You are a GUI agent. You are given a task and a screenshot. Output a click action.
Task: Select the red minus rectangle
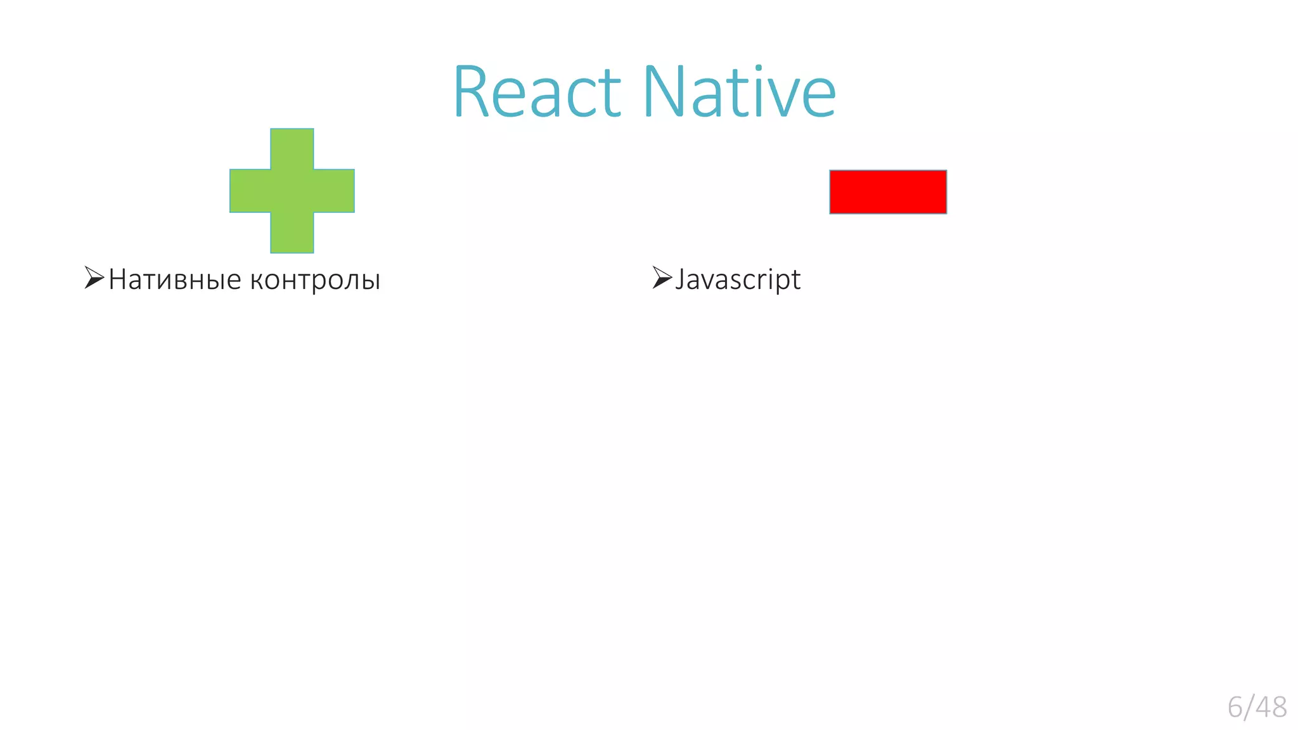888,192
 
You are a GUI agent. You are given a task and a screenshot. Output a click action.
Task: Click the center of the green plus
292,191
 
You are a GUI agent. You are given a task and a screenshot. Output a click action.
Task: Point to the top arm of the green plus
292,148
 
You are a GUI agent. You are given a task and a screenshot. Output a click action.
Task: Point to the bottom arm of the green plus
292,233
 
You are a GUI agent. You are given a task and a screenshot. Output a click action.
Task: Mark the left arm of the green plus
250,191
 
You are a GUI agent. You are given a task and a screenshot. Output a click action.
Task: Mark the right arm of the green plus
334,191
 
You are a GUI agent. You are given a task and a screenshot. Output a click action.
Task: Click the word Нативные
175,279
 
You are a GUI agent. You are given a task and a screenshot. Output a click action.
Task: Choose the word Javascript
738,279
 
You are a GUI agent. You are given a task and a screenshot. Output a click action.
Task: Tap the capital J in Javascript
680,279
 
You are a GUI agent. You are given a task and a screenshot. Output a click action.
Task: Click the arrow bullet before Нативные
94,278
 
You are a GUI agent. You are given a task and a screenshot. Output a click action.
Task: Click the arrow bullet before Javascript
662,278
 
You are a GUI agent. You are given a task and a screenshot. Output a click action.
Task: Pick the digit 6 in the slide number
1235,707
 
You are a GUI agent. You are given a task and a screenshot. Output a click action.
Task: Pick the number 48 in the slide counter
1271,707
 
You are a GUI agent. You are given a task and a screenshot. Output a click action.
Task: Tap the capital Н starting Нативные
119,279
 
